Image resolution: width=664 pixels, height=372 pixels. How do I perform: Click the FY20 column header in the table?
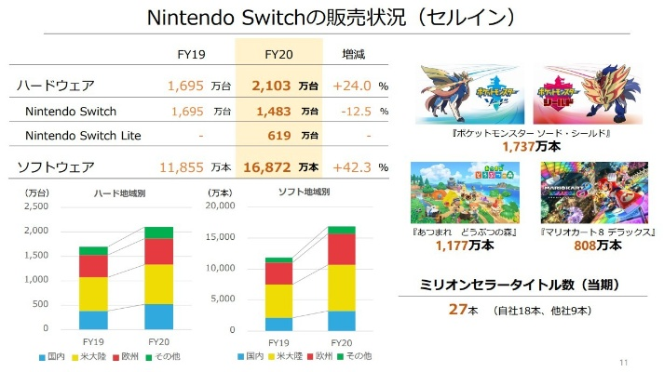point(278,54)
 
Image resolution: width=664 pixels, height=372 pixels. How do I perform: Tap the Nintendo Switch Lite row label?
point(84,136)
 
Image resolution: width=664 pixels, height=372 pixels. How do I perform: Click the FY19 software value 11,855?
point(181,167)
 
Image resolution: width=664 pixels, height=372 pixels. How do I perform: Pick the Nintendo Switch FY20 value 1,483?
point(272,112)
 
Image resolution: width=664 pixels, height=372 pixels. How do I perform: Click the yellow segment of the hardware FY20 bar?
point(158,284)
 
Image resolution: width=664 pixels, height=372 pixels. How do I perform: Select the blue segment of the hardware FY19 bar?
point(93,320)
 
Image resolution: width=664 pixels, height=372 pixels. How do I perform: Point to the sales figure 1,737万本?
point(526,147)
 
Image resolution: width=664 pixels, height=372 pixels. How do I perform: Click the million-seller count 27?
point(455,309)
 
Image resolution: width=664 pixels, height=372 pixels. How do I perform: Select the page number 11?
point(624,361)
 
